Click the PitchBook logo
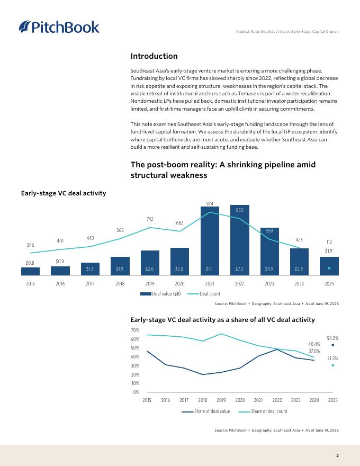(x=59, y=26)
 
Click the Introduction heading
(x=154, y=56)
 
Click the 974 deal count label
(x=210, y=203)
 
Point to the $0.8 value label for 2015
(x=30, y=263)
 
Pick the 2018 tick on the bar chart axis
(x=120, y=284)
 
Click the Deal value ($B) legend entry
(x=160, y=294)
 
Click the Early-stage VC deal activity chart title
(x=64, y=193)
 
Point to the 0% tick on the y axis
(x=136, y=392)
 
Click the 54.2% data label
(x=332, y=338)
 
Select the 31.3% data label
(x=332, y=359)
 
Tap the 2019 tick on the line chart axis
(x=221, y=400)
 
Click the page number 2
(x=337, y=455)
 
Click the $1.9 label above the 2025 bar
(x=329, y=250)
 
